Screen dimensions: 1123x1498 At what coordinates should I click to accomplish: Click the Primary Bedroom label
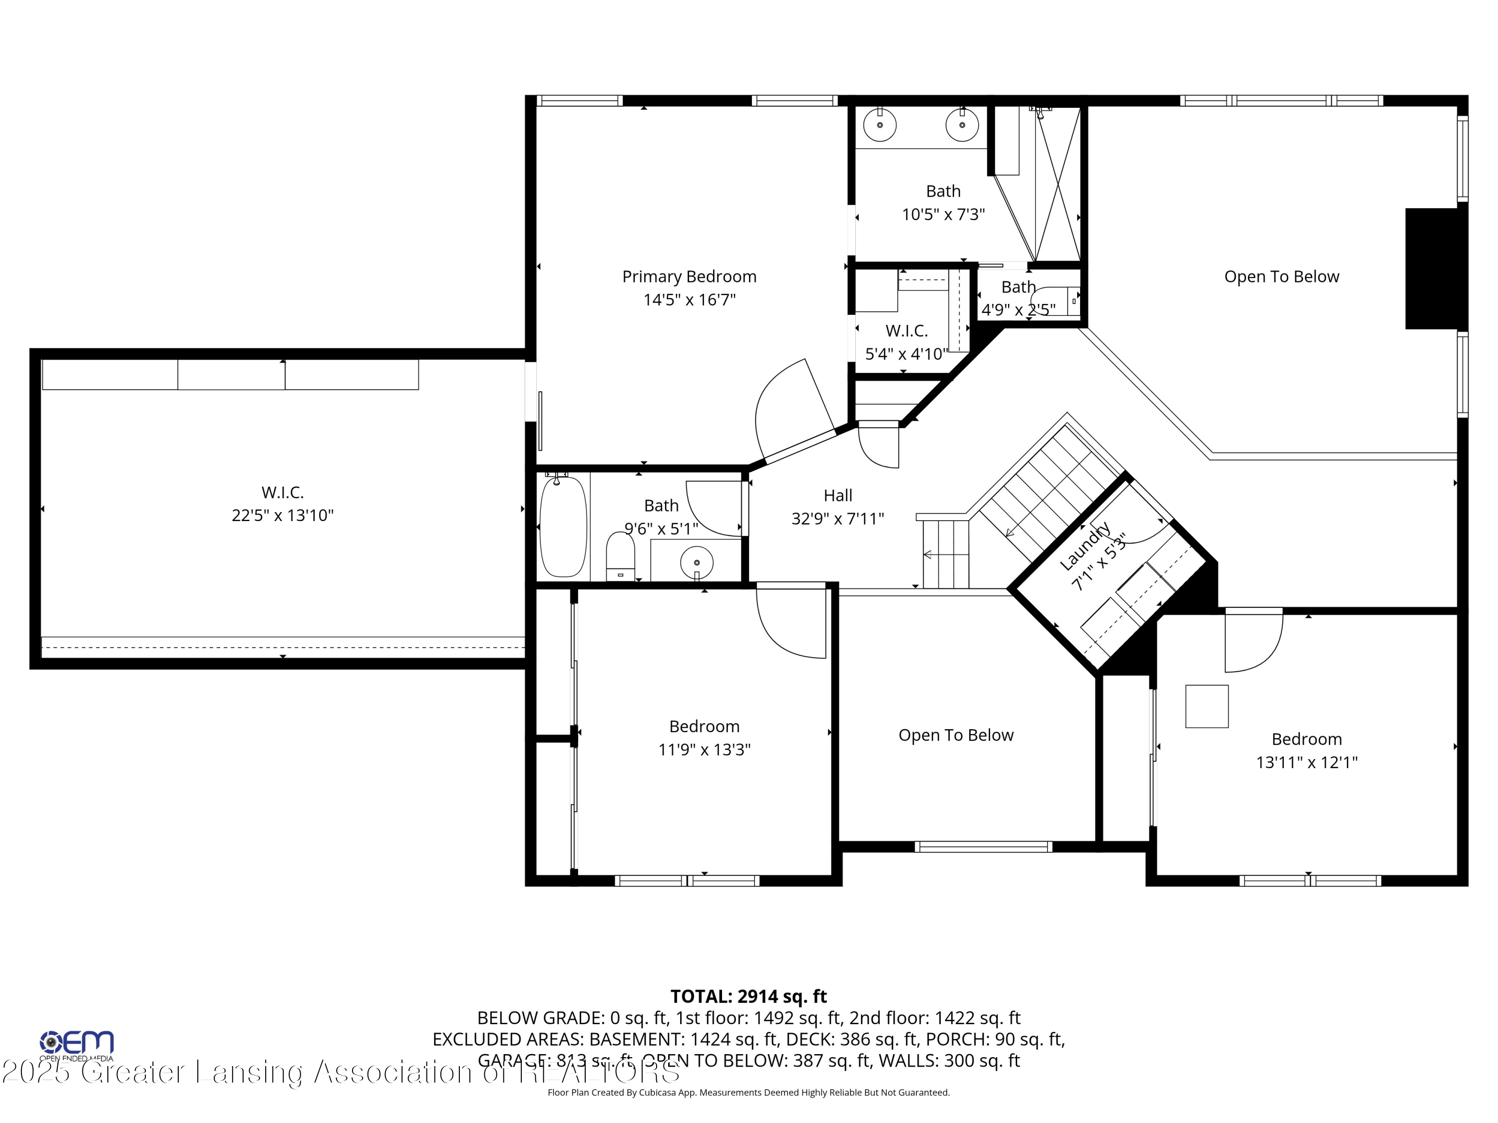coord(689,277)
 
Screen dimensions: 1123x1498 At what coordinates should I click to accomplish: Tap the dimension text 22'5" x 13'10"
coord(283,516)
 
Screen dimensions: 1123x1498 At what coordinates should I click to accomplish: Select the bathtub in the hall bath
coord(563,527)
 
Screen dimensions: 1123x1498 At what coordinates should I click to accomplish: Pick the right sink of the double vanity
coord(962,125)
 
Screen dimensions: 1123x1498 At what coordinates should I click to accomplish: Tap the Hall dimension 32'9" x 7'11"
coord(838,519)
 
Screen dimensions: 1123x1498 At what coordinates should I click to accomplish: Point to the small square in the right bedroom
coord(1207,706)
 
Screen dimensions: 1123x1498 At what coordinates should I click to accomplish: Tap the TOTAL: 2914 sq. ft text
coord(749,996)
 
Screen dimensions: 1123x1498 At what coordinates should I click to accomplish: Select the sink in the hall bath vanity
coord(696,562)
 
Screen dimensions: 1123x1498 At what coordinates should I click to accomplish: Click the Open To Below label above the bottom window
coord(956,735)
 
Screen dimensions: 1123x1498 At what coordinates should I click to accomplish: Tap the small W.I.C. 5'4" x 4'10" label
coord(906,331)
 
